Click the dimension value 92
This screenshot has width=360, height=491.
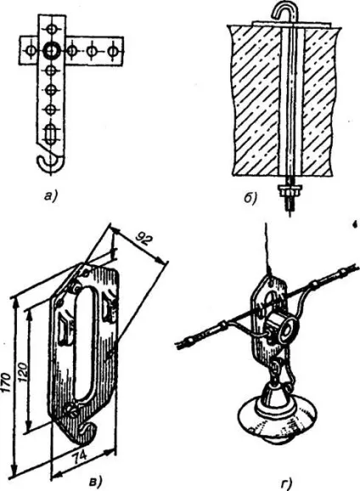(144, 240)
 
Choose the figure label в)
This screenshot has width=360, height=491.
(96, 481)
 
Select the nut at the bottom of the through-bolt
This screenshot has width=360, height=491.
(290, 189)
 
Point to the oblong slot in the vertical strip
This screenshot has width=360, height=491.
(50, 133)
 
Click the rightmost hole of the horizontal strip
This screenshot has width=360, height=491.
(112, 50)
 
